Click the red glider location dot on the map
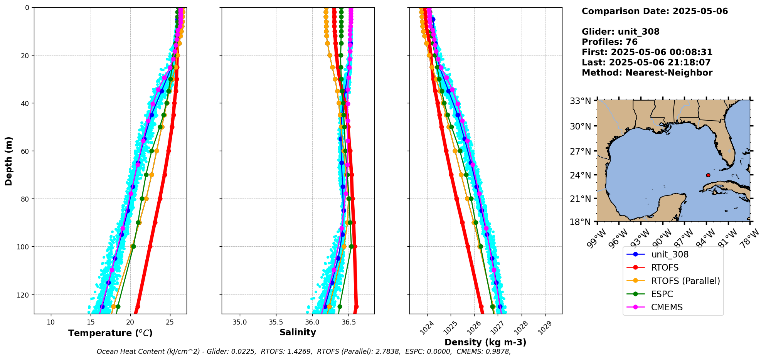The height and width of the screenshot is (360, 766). point(708,175)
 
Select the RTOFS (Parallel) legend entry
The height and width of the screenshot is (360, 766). point(685,281)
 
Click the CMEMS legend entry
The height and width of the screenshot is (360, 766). point(667,307)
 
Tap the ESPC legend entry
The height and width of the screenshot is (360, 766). point(662,294)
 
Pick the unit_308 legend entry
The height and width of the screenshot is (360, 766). point(670,254)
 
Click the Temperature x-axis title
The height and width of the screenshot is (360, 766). point(110,333)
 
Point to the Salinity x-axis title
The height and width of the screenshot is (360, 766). point(298,332)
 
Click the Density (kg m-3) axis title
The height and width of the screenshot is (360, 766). point(485,342)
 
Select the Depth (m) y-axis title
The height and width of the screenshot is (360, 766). point(8,161)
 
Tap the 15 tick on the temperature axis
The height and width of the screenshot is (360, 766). point(90,322)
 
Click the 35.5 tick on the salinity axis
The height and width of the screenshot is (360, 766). point(276,322)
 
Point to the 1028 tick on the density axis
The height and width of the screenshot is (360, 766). point(520,328)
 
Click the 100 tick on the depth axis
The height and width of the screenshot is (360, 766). point(24,247)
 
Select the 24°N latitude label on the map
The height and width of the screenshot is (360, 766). point(581,175)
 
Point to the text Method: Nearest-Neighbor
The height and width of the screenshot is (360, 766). point(647,72)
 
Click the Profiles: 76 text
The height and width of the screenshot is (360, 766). point(609,42)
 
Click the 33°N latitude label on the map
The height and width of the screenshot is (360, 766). point(581,101)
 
